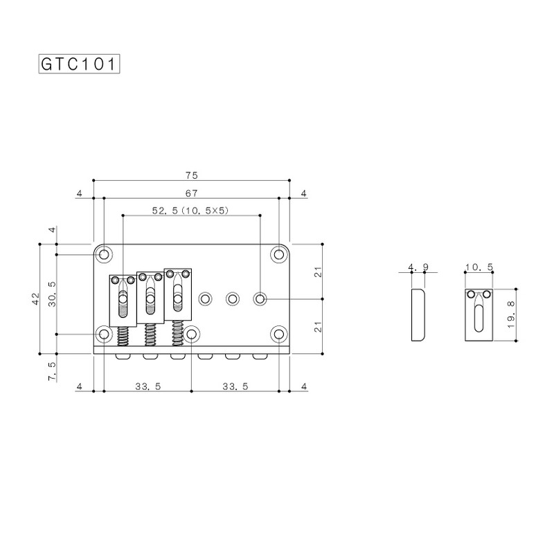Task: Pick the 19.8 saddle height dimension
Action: click(x=510, y=315)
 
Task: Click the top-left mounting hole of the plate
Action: click(x=105, y=254)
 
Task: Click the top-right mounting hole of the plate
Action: click(x=279, y=254)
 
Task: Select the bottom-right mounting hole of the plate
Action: click(x=279, y=334)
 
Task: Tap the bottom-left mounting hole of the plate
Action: click(x=105, y=334)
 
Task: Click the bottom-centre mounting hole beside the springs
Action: click(x=191, y=334)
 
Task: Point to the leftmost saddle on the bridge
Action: click(x=122, y=298)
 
